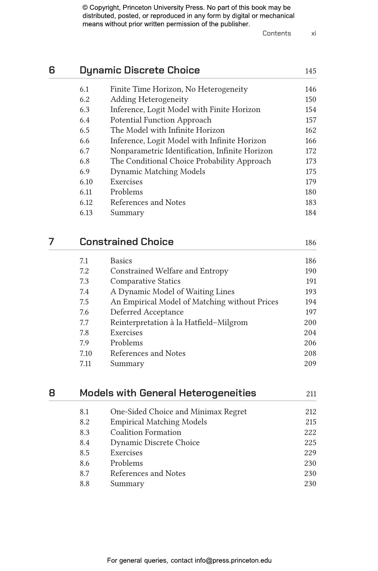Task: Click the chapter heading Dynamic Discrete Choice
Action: [x=139, y=70]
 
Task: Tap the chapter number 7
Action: [x=52, y=242]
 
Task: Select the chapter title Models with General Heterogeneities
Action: [x=168, y=393]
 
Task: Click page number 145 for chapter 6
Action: [x=310, y=71]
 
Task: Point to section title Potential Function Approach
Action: [x=161, y=120]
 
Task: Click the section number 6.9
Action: [x=85, y=172]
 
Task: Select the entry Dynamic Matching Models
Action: [x=158, y=172]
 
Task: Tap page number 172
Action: [x=310, y=151]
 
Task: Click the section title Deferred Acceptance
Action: [x=147, y=312]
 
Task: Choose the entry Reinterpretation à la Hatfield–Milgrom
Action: [x=179, y=323]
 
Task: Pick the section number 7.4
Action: [x=84, y=292]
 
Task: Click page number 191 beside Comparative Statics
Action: [x=311, y=281]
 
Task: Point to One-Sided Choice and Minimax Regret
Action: [x=178, y=412]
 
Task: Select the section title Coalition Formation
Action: [x=146, y=432]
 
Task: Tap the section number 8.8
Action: [x=85, y=484]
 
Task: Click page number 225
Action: [x=310, y=443]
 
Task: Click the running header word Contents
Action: [x=276, y=33]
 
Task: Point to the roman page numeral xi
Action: [x=314, y=33]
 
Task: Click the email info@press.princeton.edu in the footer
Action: [x=233, y=561]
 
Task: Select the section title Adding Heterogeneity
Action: [x=149, y=99]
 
